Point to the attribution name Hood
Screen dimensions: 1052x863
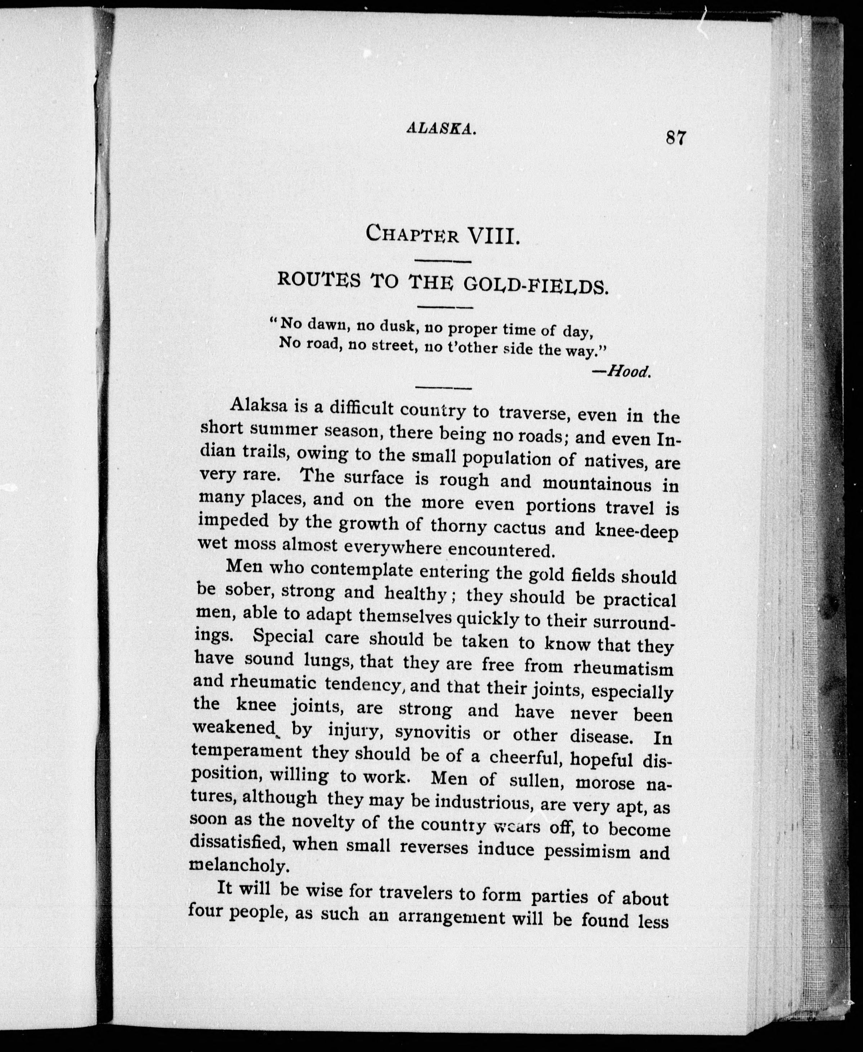(x=629, y=371)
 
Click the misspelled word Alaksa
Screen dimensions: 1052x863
(x=259, y=405)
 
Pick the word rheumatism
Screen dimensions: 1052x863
(x=623, y=667)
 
